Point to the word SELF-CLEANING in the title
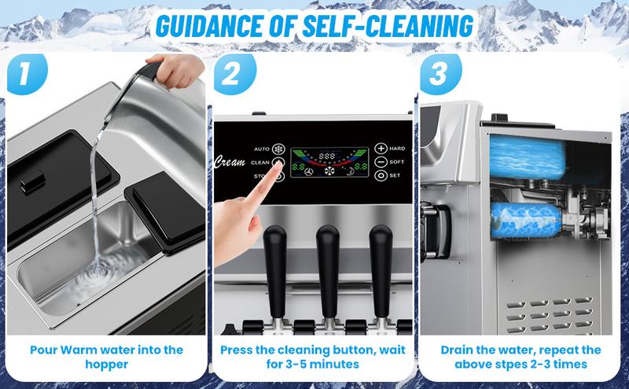coord(384,24)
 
